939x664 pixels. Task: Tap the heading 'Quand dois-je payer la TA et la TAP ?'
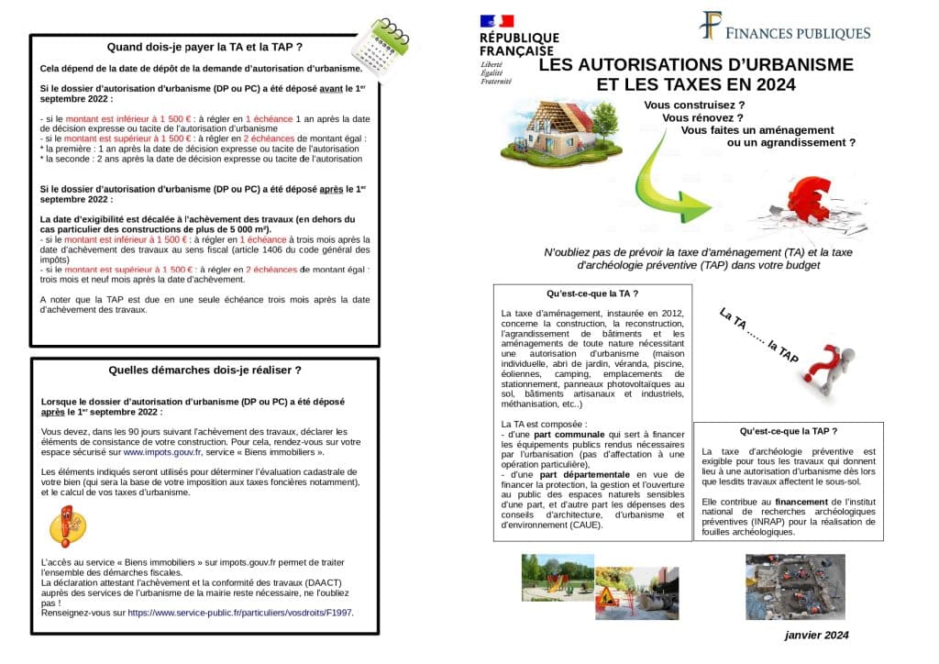[204, 46]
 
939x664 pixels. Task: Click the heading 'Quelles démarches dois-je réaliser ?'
[204, 370]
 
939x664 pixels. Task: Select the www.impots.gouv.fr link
[162, 452]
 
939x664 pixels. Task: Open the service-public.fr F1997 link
[239, 613]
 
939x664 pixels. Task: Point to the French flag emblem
[496, 21]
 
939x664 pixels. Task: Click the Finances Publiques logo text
[797, 33]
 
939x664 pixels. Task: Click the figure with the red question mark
[829, 361]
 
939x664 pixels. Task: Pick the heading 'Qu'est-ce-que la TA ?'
[591, 294]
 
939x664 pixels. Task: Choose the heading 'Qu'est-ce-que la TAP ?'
[788, 430]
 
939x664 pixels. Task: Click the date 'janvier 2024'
[816, 635]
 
